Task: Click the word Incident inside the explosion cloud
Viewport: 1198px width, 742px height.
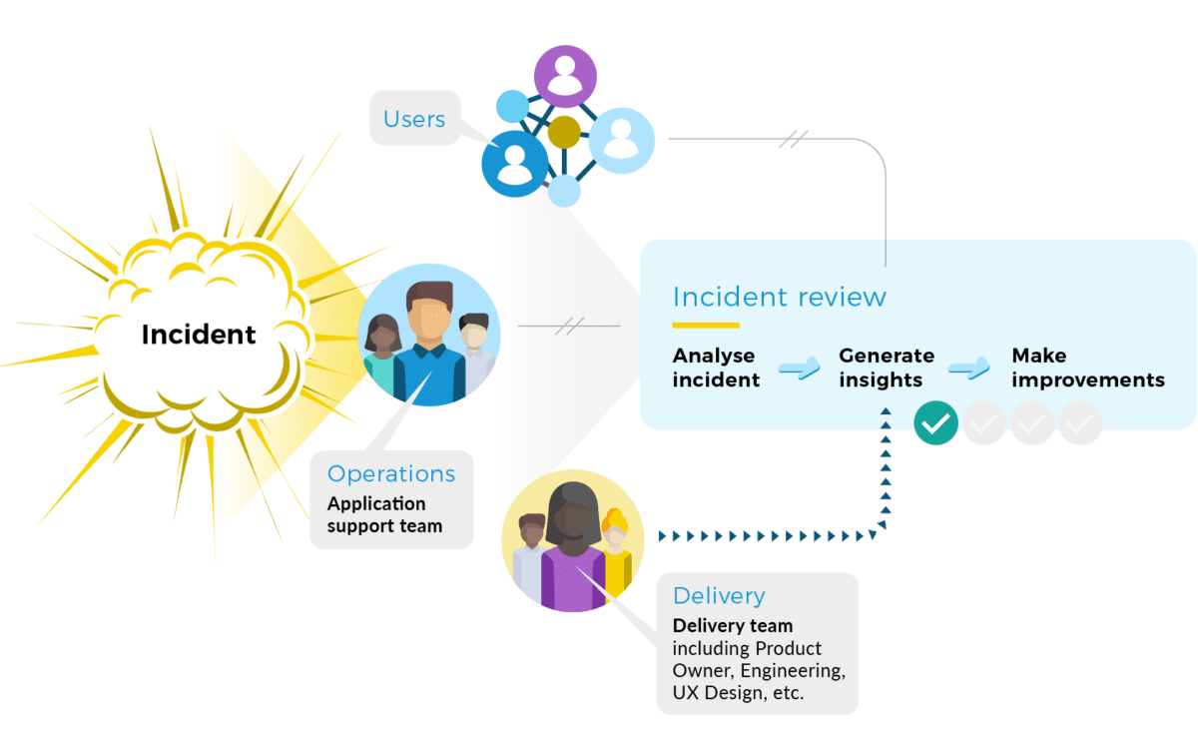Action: coord(199,335)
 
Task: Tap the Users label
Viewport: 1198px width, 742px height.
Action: coord(414,119)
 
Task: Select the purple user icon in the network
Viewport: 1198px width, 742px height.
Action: coord(565,76)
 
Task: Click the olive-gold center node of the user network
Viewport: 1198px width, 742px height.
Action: coord(564,132)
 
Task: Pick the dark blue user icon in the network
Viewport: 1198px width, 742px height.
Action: coord(515,164)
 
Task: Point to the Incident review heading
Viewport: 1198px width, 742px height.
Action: coord(780,297)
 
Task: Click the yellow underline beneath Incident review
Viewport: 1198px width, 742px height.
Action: coord(706,325)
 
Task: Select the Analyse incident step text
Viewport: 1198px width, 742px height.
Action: coord(716,368)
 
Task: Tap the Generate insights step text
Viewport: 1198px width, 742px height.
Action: coord(887,368)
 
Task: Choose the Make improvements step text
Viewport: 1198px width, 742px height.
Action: coord(1088,368)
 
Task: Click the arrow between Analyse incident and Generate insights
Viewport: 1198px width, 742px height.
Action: coord(799,369)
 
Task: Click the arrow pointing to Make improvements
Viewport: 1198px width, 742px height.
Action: coord(968,369)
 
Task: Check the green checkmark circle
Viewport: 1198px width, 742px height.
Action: coord(935,423)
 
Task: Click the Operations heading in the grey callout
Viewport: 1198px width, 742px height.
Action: coord(391,474)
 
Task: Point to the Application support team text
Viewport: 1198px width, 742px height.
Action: coord(384,514)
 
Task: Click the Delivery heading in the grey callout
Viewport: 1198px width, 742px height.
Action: coord(719,596)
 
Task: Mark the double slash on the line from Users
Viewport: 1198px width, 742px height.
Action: coord(793,139)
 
